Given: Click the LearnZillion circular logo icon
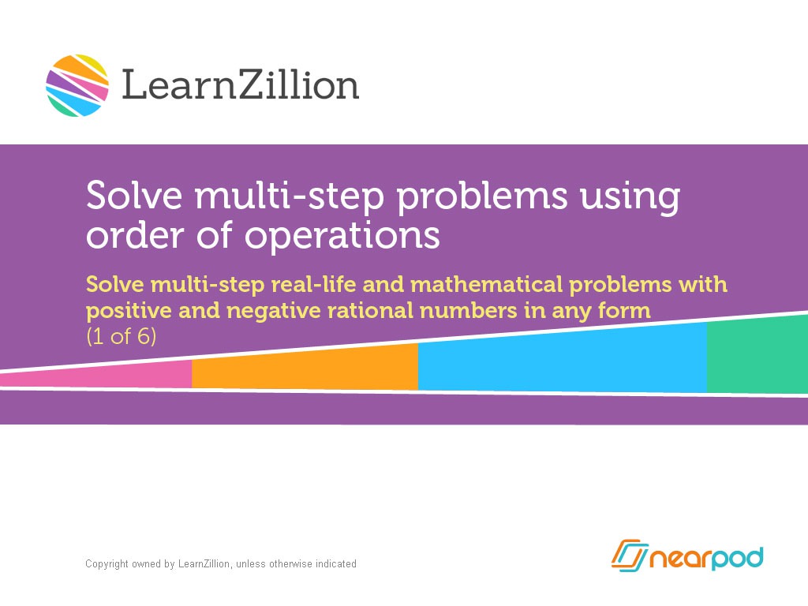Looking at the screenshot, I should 77,85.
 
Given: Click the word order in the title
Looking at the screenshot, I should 133,234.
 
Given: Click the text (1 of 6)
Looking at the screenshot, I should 122,337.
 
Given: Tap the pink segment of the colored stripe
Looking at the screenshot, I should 118,376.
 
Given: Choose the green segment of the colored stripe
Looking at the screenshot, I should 756,355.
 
